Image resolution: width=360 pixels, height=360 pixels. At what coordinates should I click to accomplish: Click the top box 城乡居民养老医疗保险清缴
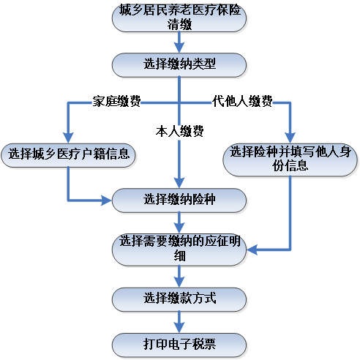[179, 18]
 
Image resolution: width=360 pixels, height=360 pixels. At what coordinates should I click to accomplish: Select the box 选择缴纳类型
[179, 64]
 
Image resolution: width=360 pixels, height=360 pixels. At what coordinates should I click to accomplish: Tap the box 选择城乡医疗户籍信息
[69, 154]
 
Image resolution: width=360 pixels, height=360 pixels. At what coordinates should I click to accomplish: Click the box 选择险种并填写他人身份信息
[290, 159]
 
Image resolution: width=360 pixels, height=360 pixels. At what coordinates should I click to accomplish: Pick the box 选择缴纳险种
[179, 199]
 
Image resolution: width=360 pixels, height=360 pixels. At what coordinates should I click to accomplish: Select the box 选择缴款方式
[179, 298]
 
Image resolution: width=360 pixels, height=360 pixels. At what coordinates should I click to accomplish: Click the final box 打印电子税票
[179, 342]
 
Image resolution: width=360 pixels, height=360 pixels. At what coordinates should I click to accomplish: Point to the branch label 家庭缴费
[116, 100]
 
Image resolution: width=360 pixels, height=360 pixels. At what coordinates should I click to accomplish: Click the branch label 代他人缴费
[242, 100]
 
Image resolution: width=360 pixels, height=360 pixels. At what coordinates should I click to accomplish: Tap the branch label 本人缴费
[179, 132]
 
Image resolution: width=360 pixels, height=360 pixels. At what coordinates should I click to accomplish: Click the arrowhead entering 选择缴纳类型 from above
[179, 49]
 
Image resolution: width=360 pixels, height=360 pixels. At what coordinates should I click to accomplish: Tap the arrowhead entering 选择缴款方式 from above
[179, 282]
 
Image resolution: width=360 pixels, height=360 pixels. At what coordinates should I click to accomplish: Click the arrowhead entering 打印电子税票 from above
[179, 328]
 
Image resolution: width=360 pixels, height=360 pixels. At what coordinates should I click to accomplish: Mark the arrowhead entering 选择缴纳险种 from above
[179, 184]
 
